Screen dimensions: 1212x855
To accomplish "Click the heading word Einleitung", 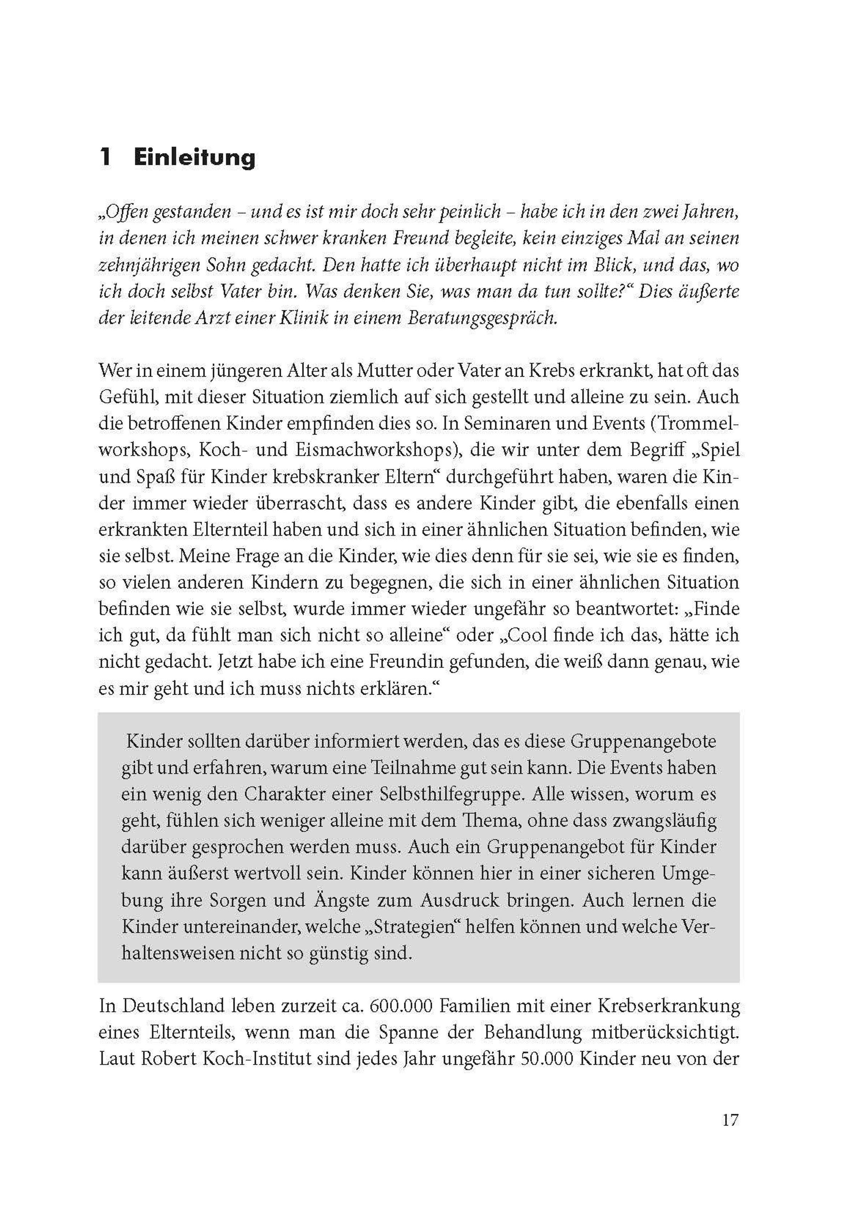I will pos(195,158).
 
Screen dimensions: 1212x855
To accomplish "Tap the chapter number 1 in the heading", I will pos(105,158).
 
